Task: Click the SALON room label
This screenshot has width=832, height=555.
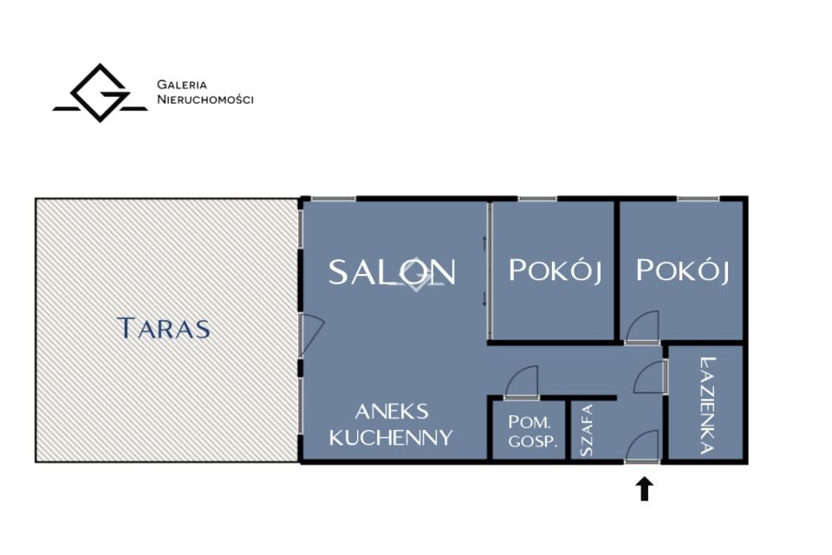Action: pyautogui.click(x=392, y=272)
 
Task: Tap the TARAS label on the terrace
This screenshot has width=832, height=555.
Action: pyautogui.click(x=164, y=328)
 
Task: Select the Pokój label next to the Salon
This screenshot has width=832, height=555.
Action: pyautogui.click(x=555, y=271)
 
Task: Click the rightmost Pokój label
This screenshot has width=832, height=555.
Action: pyautogui.click(x=682, y=271)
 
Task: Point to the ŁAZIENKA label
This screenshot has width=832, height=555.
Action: pyautogui.click(x=707, y=405)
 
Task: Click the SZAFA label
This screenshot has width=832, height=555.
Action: pyautogui.click(x=587, y=430)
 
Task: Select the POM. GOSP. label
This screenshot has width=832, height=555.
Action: pyautogui.click(x=533, y=431)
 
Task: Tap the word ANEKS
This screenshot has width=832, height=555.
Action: pyautogui.click(x=392, y=412)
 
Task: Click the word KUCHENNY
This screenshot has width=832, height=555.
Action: pyautogui.click(x=391, y=438)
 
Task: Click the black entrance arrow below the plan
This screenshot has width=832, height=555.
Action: pyautogui.click(x=644, y=488)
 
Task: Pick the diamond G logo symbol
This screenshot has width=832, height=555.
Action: pyautogui.click(x=100, y=93)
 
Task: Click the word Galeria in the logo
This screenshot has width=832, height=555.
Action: pyautogui.click(x=182, y=84)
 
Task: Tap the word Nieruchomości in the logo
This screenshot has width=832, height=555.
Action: pyautogui.click(x=205, y=100)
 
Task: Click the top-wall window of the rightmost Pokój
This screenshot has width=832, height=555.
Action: pyautogui.click(x=698, y=199)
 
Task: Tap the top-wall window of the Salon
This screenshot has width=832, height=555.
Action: pyautogui.click(x=333, y=199)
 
